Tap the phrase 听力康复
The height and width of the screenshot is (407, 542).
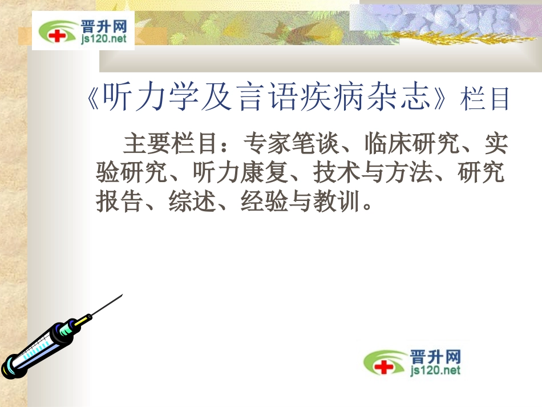point(240,173)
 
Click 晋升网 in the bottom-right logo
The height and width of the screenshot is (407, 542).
point(435,357)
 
